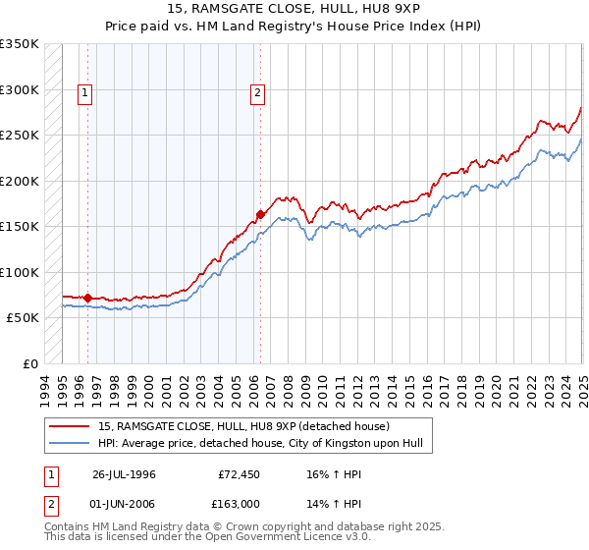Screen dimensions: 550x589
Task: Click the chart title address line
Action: pos(294,8)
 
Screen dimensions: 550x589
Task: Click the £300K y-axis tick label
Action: pos(20,89)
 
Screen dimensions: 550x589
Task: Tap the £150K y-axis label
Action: pos(20,227)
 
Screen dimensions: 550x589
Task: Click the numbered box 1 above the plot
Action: pos(85,94)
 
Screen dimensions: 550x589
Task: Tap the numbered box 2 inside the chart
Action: pos(257,94)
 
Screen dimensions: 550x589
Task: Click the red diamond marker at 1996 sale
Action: pos(88,297)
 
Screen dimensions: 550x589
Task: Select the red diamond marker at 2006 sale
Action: pos(260,214)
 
